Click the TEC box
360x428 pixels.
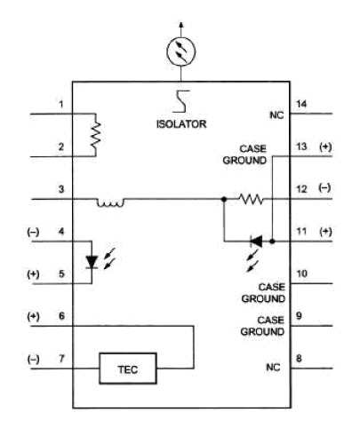tap(128, 369)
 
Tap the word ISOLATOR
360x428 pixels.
tap(181, 123)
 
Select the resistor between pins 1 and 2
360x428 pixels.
tap(95, 135)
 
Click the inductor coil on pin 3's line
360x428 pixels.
tap(110, 202)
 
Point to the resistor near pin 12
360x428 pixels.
tap(251, 199)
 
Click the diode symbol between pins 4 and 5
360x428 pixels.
tap(92, 262)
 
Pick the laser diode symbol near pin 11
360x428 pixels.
tap(256, 242)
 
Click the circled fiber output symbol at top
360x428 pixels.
tap(180, 52)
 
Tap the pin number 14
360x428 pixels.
tap(301, 104)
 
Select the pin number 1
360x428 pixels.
tap(61, 104)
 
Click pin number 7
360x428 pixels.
tap(61, 359)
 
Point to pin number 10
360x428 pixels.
tap(301, 273)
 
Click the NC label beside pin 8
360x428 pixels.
tap(273, 368)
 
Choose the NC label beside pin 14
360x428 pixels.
tap(276, 115)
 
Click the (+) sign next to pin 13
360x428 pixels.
tap(325, 147)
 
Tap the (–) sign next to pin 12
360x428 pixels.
tap(324, 188)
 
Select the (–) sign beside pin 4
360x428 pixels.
tap(33, 232)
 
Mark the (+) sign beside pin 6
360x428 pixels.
tap(33, 317)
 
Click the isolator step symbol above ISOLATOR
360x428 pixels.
tap(181, 101)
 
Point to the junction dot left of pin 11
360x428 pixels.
tap(273, 242)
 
